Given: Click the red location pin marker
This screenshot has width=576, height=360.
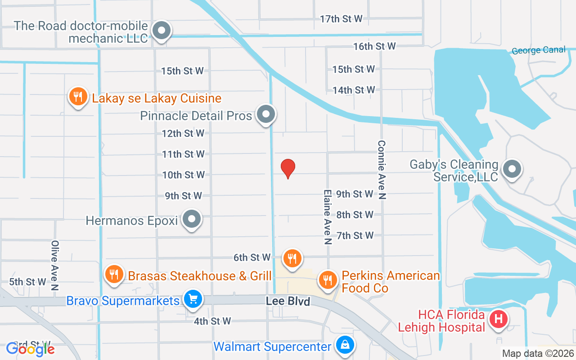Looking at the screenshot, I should coord(288,168).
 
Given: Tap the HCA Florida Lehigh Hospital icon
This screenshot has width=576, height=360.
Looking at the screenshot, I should coord(499,319).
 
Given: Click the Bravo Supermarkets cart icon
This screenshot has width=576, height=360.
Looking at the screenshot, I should coord(193,299).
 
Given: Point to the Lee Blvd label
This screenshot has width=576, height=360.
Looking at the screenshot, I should coord(288,301).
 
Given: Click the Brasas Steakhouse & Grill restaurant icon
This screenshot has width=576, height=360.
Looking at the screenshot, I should coord(114,274).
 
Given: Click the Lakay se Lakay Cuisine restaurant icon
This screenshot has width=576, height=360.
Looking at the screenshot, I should coord(78,96).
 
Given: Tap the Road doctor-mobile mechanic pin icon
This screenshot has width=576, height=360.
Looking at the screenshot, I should coord(161,31).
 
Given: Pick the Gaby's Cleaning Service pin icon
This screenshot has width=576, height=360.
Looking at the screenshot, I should coord(512,169).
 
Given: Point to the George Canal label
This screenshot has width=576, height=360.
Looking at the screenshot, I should coord(539,50).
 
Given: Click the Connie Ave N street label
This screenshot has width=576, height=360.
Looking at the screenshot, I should coord(382,170).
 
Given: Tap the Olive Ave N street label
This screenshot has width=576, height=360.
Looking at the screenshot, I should coord(55,265).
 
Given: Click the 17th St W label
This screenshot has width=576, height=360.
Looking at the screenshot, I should coord(341,19).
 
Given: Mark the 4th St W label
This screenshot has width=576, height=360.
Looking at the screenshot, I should coord(212,321).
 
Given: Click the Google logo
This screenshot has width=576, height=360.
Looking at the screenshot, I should coord(31,349).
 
